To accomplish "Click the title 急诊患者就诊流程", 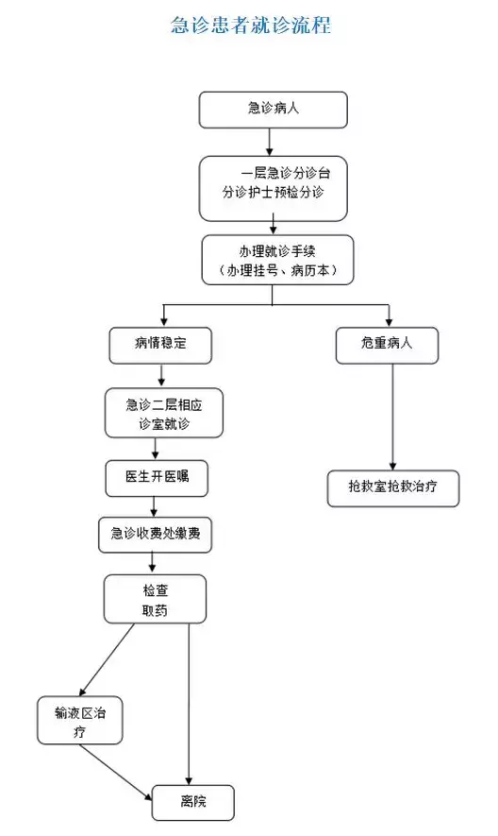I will (x=250, y=26).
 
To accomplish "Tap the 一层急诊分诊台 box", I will (x=273, y=187).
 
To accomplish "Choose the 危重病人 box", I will (x=388, y=345).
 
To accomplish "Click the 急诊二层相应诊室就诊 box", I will (x=165, y=412).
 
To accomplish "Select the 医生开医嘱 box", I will (x=156, y=477).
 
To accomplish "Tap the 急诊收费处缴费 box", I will (x=156, y=534).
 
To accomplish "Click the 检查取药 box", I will (x=155, y=598).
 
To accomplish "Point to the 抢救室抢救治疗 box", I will (x=393, y=488).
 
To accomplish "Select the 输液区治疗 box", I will (x=80, y=721).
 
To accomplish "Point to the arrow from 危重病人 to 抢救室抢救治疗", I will (x=392, y=416).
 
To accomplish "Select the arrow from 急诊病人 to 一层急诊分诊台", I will (x=271, y=141).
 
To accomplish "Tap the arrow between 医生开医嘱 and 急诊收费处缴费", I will (x=153, y=505).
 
